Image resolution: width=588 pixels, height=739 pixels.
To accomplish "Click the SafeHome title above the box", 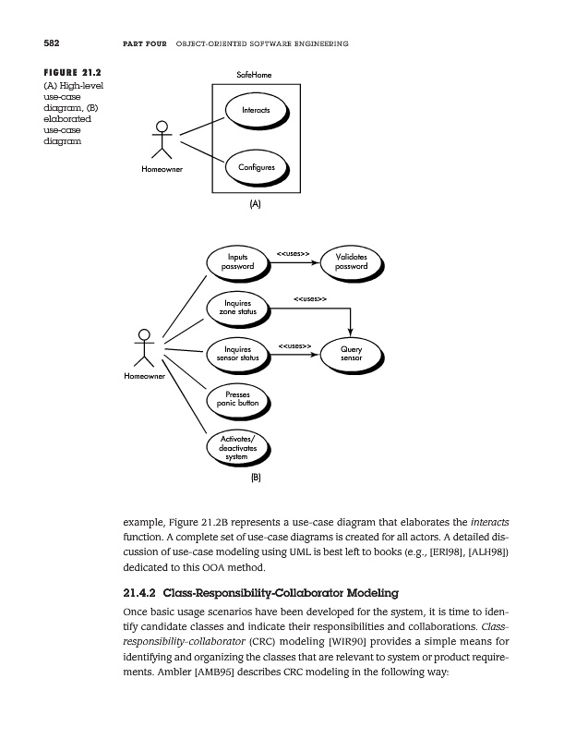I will pos(255,74).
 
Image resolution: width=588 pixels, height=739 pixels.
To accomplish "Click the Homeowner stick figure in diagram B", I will pos(143,347).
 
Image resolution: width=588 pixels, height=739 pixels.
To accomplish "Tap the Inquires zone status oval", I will pos(237,308).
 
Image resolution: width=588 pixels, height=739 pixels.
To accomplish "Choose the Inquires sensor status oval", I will pos(237,355).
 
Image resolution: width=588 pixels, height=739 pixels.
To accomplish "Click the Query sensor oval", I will pos(351,355).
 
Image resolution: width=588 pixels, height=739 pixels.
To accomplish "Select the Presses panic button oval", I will pos(237,400).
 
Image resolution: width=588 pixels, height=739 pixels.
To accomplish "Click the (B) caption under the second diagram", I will pos(257,479).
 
